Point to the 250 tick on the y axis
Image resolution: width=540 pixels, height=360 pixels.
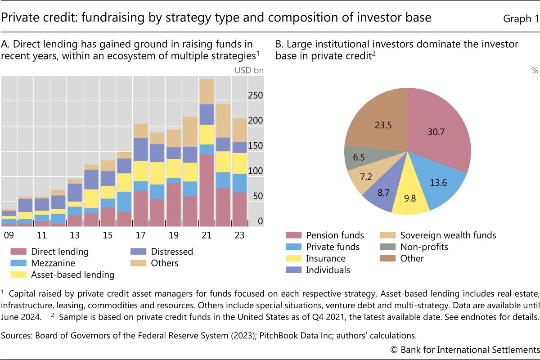[x=255, y=96]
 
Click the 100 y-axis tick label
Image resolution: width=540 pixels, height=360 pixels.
[x=255, y=171]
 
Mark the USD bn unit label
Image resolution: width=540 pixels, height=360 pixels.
[x=249, y=70]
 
